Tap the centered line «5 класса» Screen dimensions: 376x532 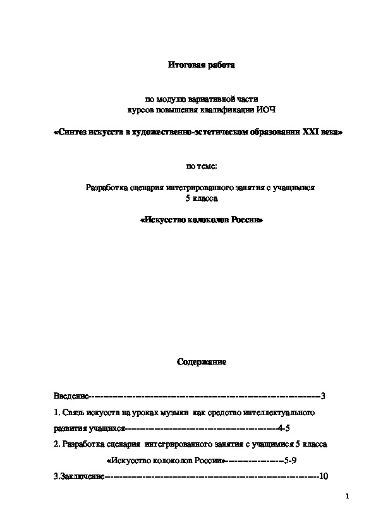(200, 198)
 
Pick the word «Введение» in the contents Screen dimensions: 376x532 (71, 396)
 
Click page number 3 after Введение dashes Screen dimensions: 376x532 (322, 396)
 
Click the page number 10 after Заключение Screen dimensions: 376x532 (324, 476)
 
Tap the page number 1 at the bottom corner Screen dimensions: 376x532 (348, 497)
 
